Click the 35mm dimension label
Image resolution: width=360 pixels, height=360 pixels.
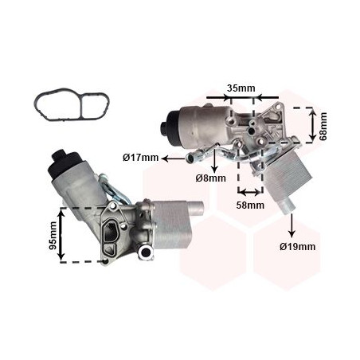[241, 88]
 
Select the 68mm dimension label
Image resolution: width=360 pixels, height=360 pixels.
[323, 127]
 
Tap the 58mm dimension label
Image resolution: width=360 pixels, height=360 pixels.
[250, 205]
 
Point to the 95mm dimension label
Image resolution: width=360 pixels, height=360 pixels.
[53, 236]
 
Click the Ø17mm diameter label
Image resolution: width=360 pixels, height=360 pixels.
[140, 158]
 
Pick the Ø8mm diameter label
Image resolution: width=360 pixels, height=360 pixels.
[211, 178]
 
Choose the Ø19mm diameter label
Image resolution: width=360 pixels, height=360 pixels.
[298, 247]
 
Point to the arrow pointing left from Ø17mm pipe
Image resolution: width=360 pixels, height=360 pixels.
[174, 158]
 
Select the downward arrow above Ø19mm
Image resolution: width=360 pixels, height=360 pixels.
[292, 225]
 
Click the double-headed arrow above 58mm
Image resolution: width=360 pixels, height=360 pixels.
[250, 192]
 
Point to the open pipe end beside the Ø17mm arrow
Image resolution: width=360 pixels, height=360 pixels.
[190, 158]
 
